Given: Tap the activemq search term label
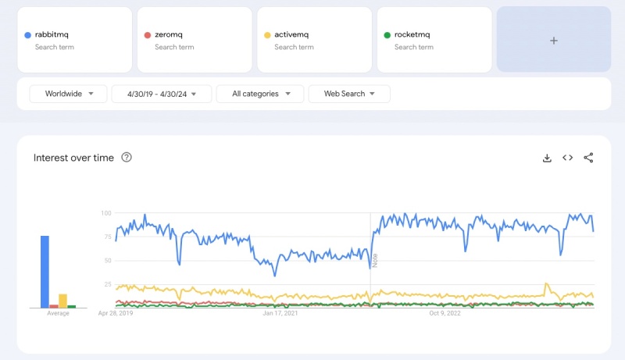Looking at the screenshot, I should coord(294,34).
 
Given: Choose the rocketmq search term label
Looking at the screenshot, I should coord(413,34).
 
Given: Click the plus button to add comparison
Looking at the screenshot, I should coord(554,41).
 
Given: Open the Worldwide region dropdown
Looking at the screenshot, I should coord(69,94).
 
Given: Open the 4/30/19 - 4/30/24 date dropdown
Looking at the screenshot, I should coord(162,94).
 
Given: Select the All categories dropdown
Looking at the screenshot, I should coord(259,94).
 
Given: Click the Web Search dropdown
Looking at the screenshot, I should coord(349,94).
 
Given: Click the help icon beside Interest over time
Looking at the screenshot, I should coord(127,158).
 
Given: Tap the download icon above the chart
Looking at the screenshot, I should coord(547,158).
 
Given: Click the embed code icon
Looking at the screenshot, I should coord(568,158).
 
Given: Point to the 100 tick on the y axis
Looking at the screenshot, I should coord(107,212).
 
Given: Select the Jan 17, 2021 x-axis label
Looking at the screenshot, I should coord(280,314).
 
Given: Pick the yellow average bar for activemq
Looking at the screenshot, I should coord(63,301).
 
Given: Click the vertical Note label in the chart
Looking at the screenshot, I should coord(375,260).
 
